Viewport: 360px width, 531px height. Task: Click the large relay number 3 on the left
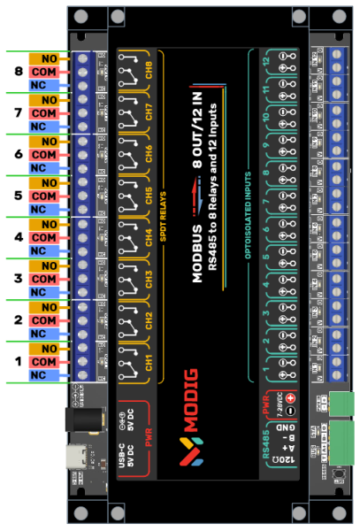click(x=18, y=279)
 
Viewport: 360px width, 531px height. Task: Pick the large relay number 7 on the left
click(x=18, y=113)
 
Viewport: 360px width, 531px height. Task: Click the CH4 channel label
click(x=149, y=238)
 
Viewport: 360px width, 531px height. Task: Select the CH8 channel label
click(x=149, y=72)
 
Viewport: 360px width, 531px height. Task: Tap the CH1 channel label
click(x=149, y=361)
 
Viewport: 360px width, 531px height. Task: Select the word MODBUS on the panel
click(x=197, y=252)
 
